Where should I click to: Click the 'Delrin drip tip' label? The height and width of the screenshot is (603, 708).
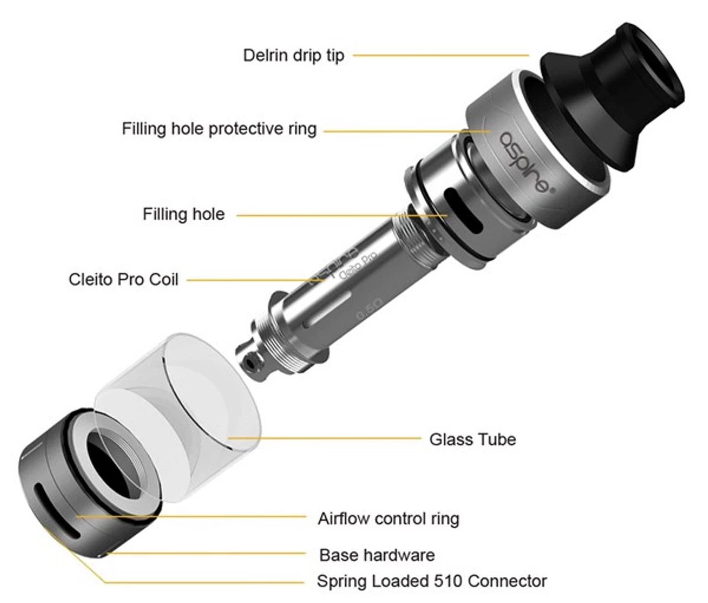tap(294, 55)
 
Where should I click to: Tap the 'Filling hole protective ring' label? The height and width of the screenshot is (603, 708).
tap(219, 129)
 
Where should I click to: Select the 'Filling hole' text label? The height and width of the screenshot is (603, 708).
tap(184, 214)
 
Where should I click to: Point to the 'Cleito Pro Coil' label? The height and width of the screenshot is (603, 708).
tap(123, 279)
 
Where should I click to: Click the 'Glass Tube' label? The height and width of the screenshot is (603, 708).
tap(473, 440)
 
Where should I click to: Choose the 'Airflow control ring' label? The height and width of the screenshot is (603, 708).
tap(388, 519)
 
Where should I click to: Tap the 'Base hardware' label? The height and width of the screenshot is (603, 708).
tap(377, 555)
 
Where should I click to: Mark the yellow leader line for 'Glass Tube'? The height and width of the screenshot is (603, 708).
tap(324, 438)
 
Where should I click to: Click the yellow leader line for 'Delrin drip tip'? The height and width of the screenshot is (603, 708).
tap(441, 55)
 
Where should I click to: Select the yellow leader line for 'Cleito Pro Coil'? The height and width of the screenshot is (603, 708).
tap(256, 280)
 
